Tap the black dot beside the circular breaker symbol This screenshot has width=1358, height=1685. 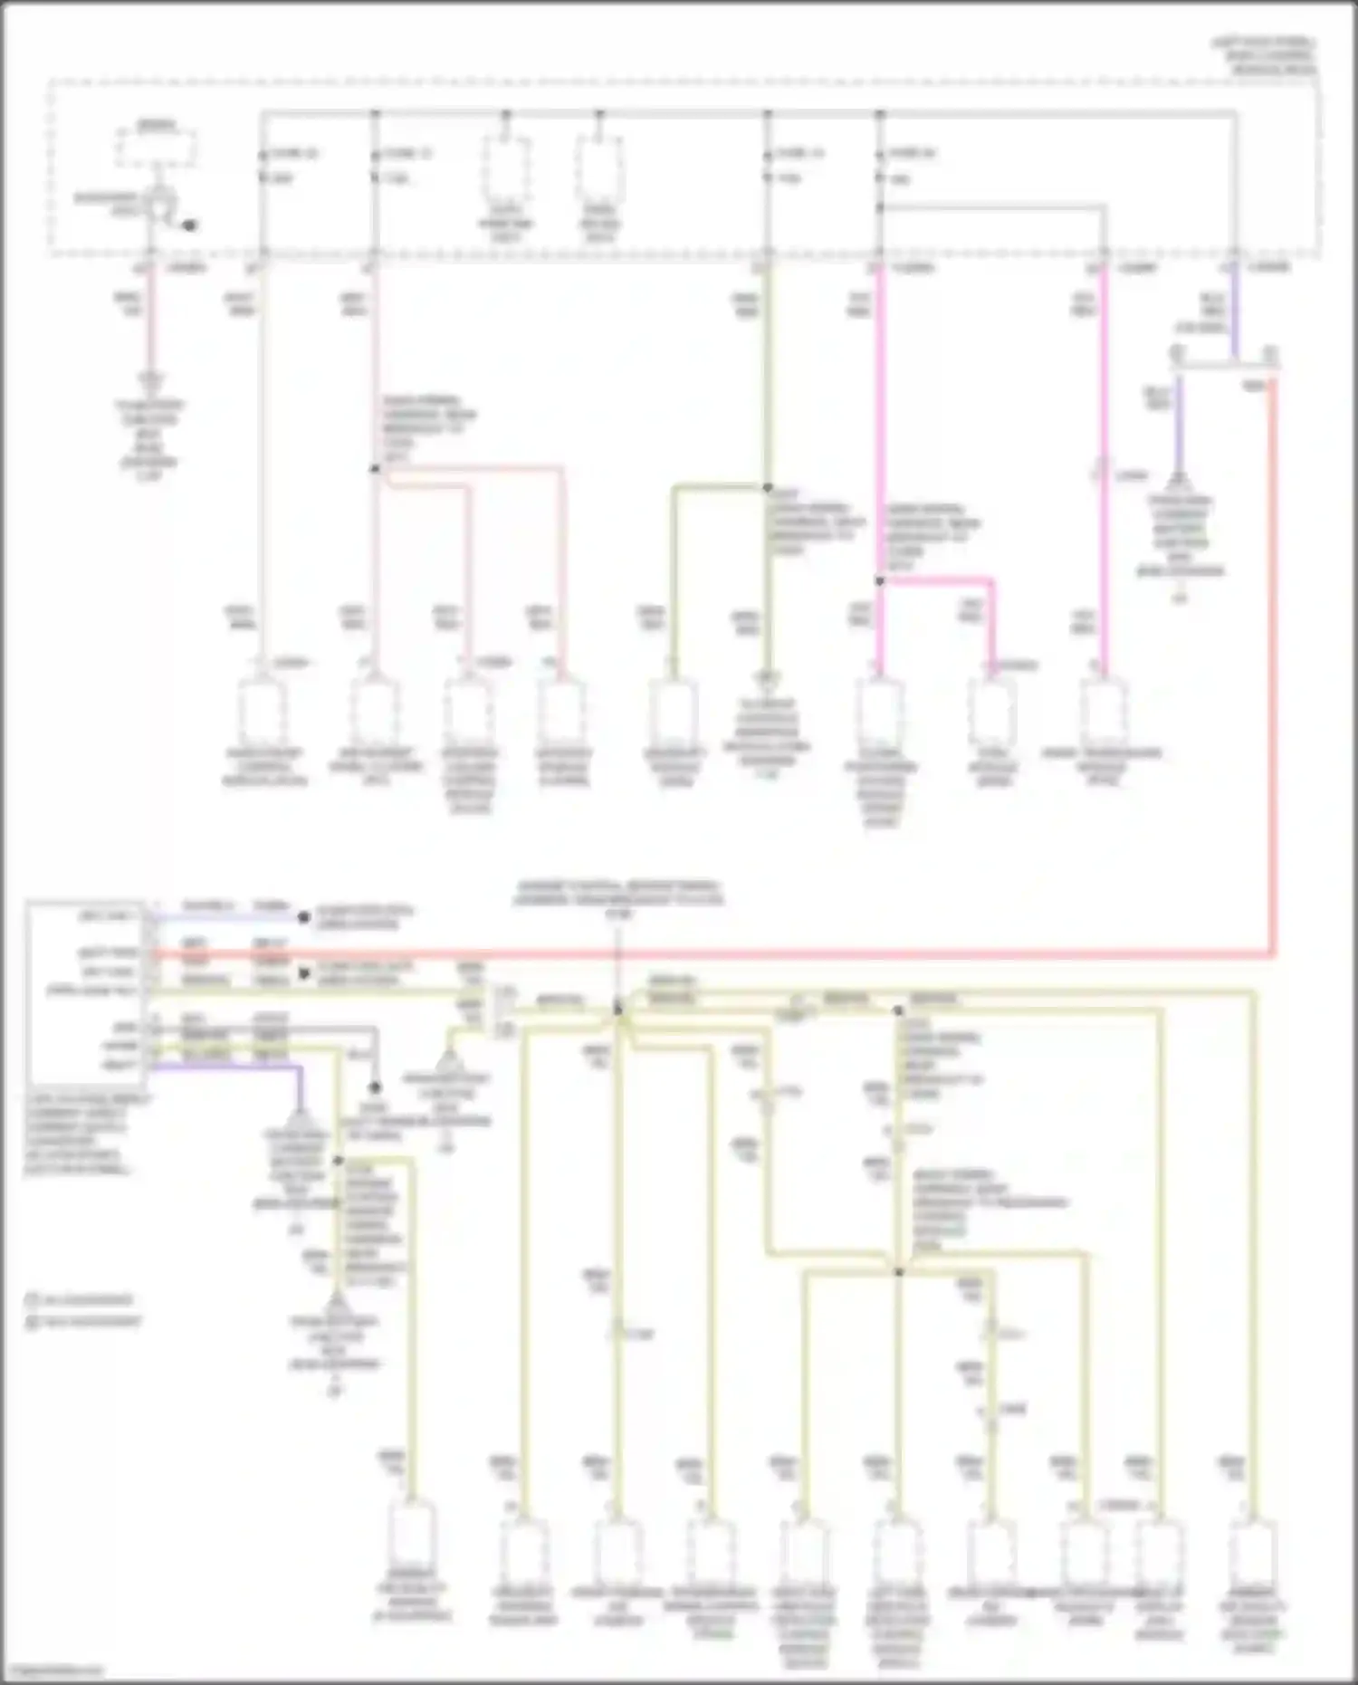point(189,225)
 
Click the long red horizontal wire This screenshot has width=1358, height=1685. point(724,954)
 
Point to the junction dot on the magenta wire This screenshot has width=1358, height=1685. point(879,581)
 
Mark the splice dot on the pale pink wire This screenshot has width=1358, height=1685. point(375,469)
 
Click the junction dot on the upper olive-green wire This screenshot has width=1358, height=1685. point(767,488)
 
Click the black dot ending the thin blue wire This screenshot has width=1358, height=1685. point(304,917)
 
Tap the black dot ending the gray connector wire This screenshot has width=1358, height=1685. point(375,1087)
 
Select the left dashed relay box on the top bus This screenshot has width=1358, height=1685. point(507,168)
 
